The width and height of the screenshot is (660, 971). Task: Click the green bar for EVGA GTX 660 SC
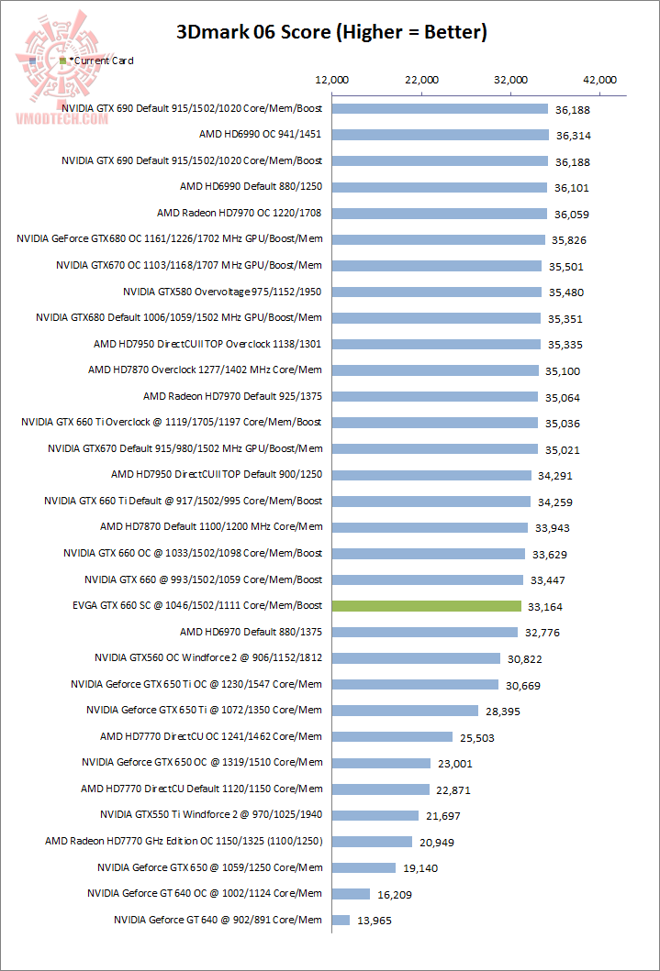pyautogui.click(x=427, y=606)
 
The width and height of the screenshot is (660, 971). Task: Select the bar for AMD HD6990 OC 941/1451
pyautogui.click(x=440, y=135)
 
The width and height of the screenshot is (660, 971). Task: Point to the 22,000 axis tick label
pyautogui.click(x=420, y=81)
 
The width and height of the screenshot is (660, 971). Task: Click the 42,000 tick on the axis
pyautogui.click(x=600, y=81)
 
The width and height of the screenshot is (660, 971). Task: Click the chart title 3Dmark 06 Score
pyautogui.click(x=331, y=33)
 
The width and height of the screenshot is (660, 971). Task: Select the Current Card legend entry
pyautogui.click(x=100, y=61)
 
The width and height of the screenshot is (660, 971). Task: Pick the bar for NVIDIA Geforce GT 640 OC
pyautogui.click(x=351, y=894)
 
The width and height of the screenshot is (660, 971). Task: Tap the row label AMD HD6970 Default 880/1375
pyautogui.click(x=252, y=632)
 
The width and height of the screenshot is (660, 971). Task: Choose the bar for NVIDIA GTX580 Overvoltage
pyautogui.click(x=436, y=292)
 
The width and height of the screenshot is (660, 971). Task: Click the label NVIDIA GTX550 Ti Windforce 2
pyautogui.click(x=211, y=814)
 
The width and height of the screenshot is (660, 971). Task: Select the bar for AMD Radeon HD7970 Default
pyautogui.click(x=435, y=397)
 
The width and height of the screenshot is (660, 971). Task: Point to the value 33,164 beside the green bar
pyautogui.click(x=546, y=606)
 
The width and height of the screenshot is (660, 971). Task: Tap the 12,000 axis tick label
pyautogui.click(x=331, y=81)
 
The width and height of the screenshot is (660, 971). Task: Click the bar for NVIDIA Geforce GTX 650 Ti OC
pyautogui.click(x=415, y=684)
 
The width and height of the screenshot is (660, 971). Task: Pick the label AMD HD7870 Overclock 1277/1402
pyautogui.click(x=206, y=370)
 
